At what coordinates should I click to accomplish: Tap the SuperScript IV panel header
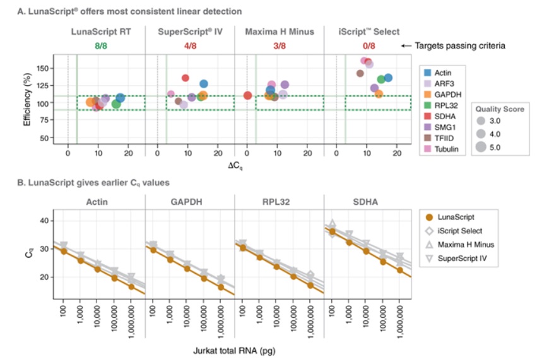click(189, 32)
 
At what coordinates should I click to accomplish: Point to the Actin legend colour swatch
click(427, 73)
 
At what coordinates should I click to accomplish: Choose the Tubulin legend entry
click(446, 149)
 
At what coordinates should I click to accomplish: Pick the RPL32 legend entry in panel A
click(446, 105)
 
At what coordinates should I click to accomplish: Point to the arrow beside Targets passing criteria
click(408, 45)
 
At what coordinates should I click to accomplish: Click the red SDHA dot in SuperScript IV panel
click(186, 78)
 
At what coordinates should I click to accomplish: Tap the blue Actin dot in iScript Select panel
click(388, 78)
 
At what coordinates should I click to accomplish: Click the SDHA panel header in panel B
click(367, 203)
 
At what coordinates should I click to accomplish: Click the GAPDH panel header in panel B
click(189, 203)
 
